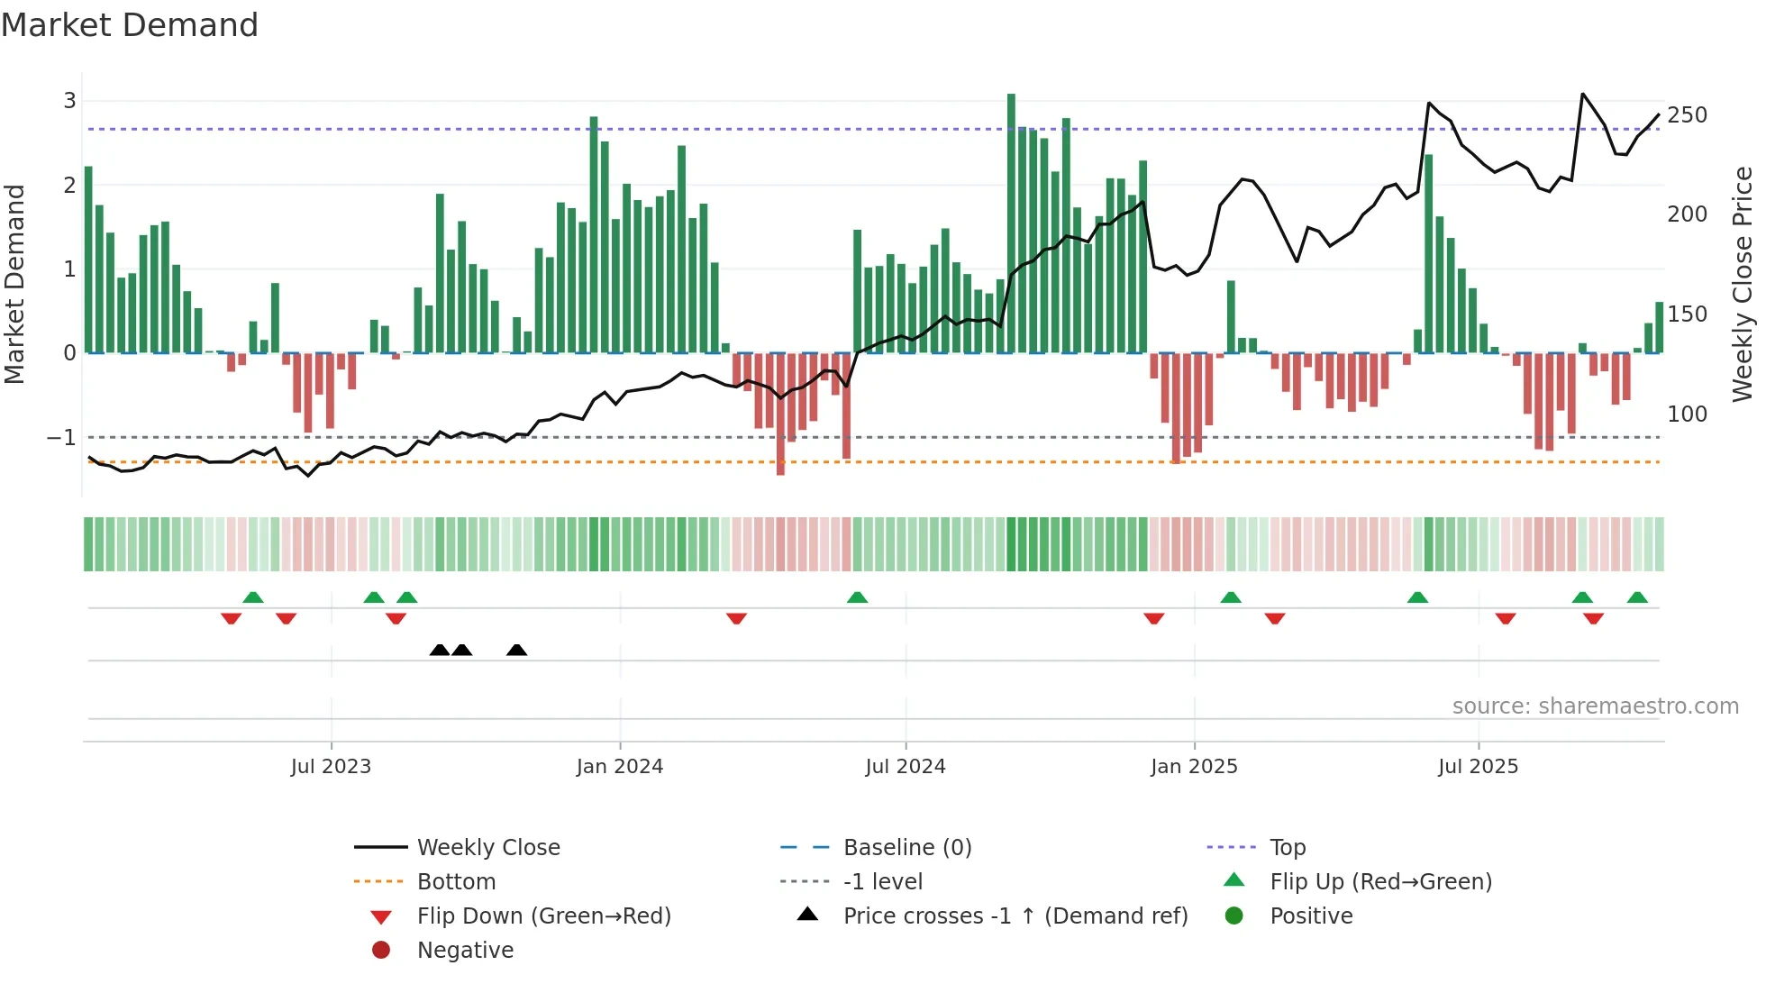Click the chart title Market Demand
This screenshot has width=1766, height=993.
(130, 25)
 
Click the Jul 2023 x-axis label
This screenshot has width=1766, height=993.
(331, 767)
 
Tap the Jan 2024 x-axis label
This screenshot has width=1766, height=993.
(620, 767)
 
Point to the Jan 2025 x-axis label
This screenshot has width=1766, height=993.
(1194, 767)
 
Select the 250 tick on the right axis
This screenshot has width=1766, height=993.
(1687, 115)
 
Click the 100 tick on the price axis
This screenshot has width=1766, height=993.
(1687, 415)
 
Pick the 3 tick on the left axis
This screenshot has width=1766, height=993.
(69, 101)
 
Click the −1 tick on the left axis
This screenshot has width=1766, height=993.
(62, 438)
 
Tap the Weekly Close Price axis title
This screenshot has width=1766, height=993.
(1743, 284)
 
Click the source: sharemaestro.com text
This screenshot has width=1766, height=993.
(1595, 706)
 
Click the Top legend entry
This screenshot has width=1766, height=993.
(1287, 848)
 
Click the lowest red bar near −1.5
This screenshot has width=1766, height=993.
(780, 415)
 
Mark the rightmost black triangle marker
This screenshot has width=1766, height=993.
(516, 651)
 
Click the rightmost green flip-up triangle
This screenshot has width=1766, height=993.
(1637, 597)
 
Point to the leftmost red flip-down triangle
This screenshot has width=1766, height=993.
(231, 618)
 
